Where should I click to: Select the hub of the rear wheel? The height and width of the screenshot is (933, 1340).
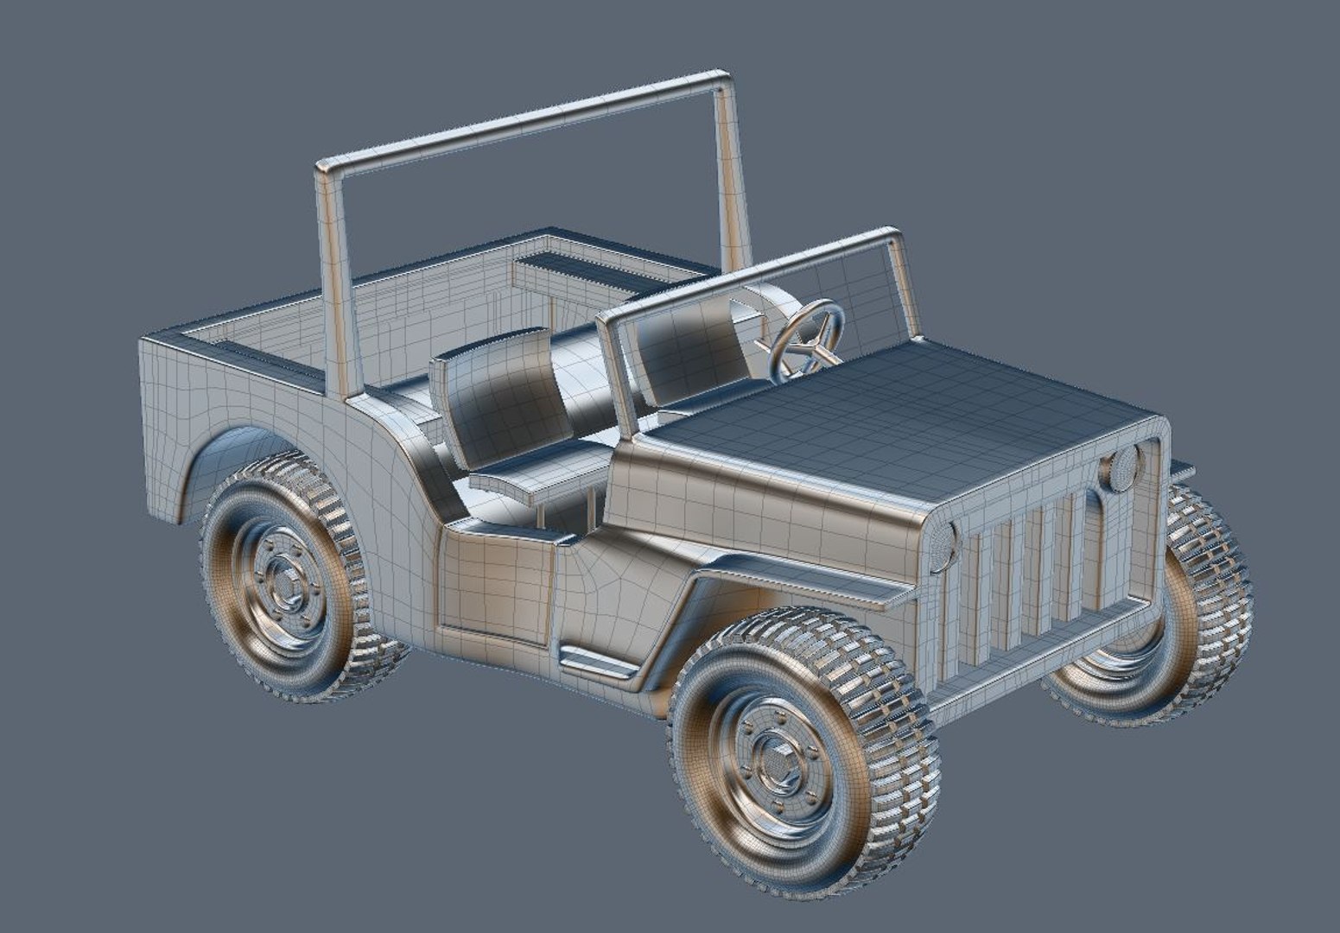pyautogui.click(x=285, y=581)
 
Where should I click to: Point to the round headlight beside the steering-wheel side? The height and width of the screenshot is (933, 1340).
pyautogui.click(x=1121, y=470)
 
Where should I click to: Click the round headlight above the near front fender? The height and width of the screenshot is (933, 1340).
pyautogui.click(x=942, y=547)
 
